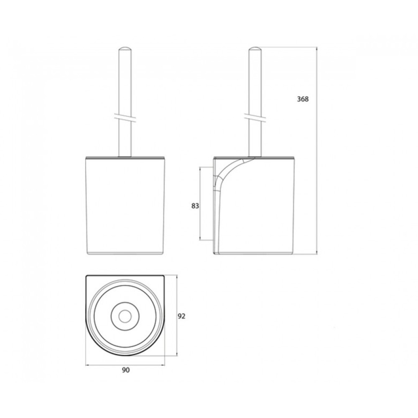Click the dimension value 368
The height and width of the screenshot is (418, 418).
[x=303, y=99]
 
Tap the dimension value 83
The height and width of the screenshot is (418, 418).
[x=195, y=206]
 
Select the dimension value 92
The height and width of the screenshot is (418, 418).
[x=181, y=316]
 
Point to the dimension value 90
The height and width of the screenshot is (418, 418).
[x=125, y=370]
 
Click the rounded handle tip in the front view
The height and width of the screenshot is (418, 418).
[x=125, y=49]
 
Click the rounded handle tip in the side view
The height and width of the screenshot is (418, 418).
[x=255, y=49]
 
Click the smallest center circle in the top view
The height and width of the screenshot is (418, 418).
[x=125, y=316]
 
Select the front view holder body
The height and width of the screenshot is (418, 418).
[x=125, y=205]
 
